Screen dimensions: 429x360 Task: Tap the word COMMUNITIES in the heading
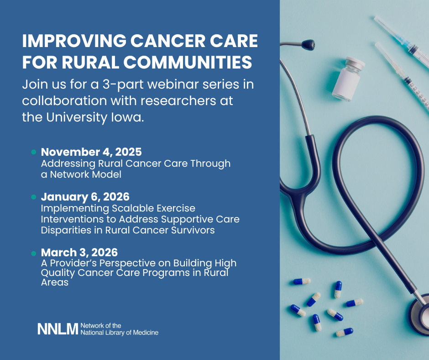(x=188, y=62)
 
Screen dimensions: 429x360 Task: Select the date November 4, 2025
(x=91, y=152)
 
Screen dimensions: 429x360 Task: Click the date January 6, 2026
(x=85, y=197)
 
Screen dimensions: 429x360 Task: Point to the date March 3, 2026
(x=79, y=252)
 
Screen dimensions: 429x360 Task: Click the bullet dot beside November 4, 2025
(x=34, y=152)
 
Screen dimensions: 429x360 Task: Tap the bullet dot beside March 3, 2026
(x=34, y=254)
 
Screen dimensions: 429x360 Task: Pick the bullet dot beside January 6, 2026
(x=34, y=197)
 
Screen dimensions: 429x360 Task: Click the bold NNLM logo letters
(x=58, y=329)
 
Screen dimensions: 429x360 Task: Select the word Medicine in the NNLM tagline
(x=146, y=333)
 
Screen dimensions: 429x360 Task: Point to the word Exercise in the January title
(x=176, y=208)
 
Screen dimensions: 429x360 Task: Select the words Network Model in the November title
(x=86, y=175)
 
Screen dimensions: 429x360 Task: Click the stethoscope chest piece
(x=419, y=314)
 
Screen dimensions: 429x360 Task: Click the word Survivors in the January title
(x=193, y=230)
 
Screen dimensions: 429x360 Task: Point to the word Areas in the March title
(x=55, y=282)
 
